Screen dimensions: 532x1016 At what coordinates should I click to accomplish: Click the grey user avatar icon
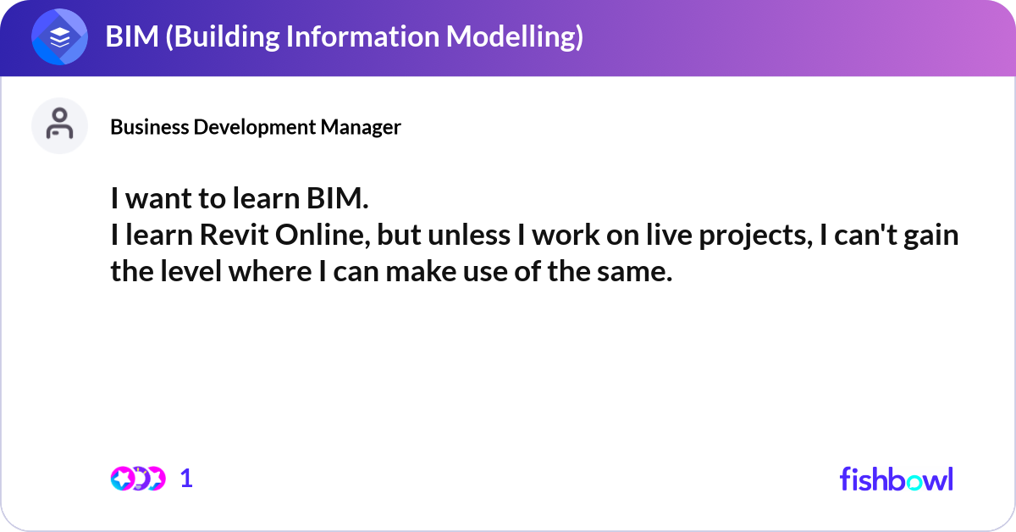coord(59,125)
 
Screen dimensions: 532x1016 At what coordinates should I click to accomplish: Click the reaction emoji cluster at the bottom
coord(137,479)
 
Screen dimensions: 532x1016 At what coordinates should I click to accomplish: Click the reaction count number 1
coord(186,479)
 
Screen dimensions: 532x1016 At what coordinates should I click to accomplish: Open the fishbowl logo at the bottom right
coord(896,479)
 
